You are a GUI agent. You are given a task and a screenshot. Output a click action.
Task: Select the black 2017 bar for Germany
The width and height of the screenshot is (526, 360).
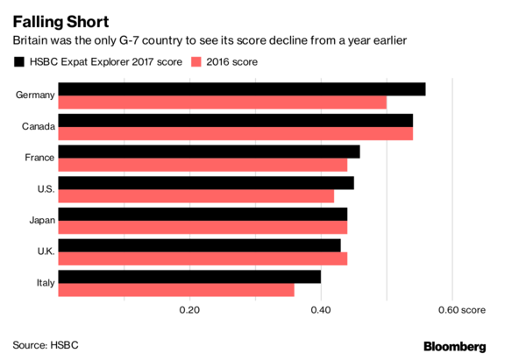pyautogui.click(x=241, y=89)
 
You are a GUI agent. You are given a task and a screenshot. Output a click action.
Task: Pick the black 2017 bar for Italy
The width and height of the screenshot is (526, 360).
pyautogui.click(x=189, y=277)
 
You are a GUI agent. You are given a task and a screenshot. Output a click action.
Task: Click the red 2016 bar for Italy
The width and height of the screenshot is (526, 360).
pyautogui.click(x=176, y=290)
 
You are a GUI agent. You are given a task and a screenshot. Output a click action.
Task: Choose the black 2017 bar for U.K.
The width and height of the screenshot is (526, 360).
pyautogui.click(x=199, y=245)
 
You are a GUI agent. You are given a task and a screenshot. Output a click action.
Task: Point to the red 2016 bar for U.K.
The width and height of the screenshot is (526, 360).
pyautogui.click(x=203, y=258)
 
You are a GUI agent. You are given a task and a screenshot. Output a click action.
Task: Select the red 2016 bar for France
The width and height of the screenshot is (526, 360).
pyautogui.click(x=203, y=165)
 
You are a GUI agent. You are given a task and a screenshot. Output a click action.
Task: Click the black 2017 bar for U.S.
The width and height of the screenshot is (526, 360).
pyautogui.click(x=206, y=183)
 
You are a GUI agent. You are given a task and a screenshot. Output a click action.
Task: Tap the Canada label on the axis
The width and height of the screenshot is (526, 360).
pyautogui.click(x=39, y=127)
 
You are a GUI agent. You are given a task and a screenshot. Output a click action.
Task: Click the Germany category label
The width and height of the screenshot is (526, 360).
pyautogui.click(x=36, y=95)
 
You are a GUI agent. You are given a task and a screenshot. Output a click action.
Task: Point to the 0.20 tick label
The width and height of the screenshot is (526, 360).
pyautogui.click(x=189, y=309)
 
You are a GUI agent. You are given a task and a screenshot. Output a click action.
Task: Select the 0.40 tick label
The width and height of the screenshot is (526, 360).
pyautogui.click(x=321, y=309)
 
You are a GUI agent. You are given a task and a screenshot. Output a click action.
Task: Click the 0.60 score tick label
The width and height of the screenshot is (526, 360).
pyautogui.click(x=460, y=309)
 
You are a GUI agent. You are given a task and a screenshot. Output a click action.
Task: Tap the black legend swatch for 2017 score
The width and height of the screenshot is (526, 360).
pyautogui.click(x=19, y=62)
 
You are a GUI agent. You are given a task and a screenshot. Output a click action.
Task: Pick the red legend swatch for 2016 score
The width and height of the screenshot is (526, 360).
pyautogui.click(x=196, y=62)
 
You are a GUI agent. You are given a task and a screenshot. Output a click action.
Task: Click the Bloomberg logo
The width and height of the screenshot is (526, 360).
pyautogui.click(x=466, y=346)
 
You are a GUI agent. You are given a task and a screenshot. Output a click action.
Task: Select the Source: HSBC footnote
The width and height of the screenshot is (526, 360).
pyautogui.click(x=46, y=345)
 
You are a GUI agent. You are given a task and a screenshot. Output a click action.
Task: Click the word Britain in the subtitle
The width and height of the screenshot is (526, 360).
pyautogui.click(x=32, y=41)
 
